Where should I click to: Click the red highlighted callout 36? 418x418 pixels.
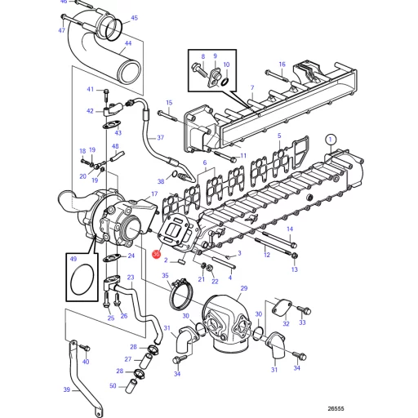(156, 254)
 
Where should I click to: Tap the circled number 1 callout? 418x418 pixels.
(331, 140)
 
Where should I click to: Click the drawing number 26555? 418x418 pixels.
(336, 409)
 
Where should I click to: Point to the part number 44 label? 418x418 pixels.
(128, 43)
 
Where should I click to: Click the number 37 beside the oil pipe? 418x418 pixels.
(161, 138)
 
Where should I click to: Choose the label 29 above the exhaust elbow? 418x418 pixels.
(244, 288)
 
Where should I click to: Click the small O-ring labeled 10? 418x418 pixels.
(225, 82)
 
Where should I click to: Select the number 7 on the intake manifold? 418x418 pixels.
(252, 87)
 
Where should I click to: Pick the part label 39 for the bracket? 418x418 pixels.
(67, 389)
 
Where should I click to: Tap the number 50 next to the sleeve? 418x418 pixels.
(113, 386)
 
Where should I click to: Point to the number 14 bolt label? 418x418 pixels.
(290, 229)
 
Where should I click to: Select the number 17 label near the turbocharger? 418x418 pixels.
(154, 193)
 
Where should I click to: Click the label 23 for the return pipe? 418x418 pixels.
(131, 278)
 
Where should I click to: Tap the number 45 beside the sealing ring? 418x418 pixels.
(135, 18)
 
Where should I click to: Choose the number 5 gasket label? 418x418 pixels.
(279, 136)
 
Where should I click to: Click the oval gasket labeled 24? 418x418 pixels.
(112, 258)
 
